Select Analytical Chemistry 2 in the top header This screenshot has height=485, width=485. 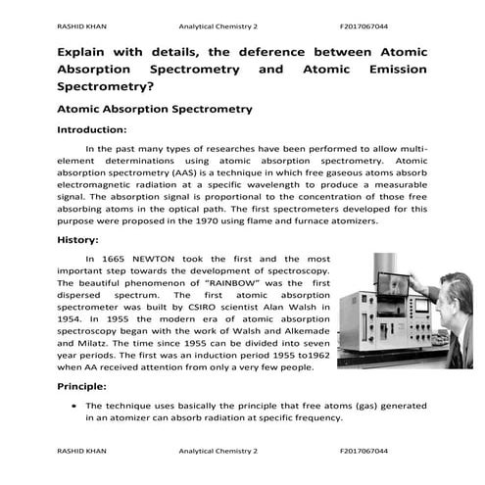[x=218, y=25]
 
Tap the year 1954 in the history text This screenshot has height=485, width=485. [x=72, y=319]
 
